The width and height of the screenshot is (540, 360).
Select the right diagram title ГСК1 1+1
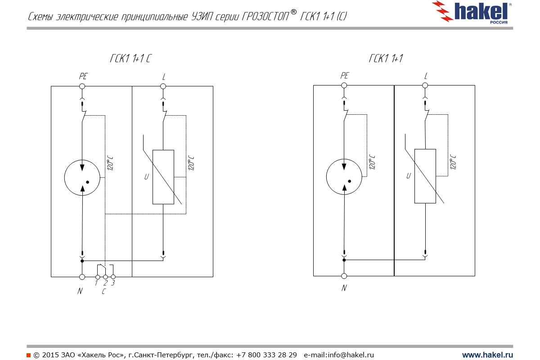385,59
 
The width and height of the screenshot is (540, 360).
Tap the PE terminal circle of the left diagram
82,86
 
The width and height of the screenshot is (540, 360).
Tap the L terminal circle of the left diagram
163,86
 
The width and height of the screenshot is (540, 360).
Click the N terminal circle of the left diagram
82,277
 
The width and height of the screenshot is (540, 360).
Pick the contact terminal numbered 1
97,277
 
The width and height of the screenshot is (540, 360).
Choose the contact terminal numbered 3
113,277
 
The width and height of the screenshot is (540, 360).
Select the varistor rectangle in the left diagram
163,177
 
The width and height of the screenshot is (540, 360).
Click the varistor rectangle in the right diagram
425,176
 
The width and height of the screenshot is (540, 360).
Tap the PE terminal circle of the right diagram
344,85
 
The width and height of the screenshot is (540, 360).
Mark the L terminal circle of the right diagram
425,85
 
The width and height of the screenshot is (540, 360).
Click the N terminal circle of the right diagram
344,276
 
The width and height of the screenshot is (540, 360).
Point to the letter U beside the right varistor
409,176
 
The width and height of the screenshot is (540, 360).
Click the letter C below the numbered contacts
104,292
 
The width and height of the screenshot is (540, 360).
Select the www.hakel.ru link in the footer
487,355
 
